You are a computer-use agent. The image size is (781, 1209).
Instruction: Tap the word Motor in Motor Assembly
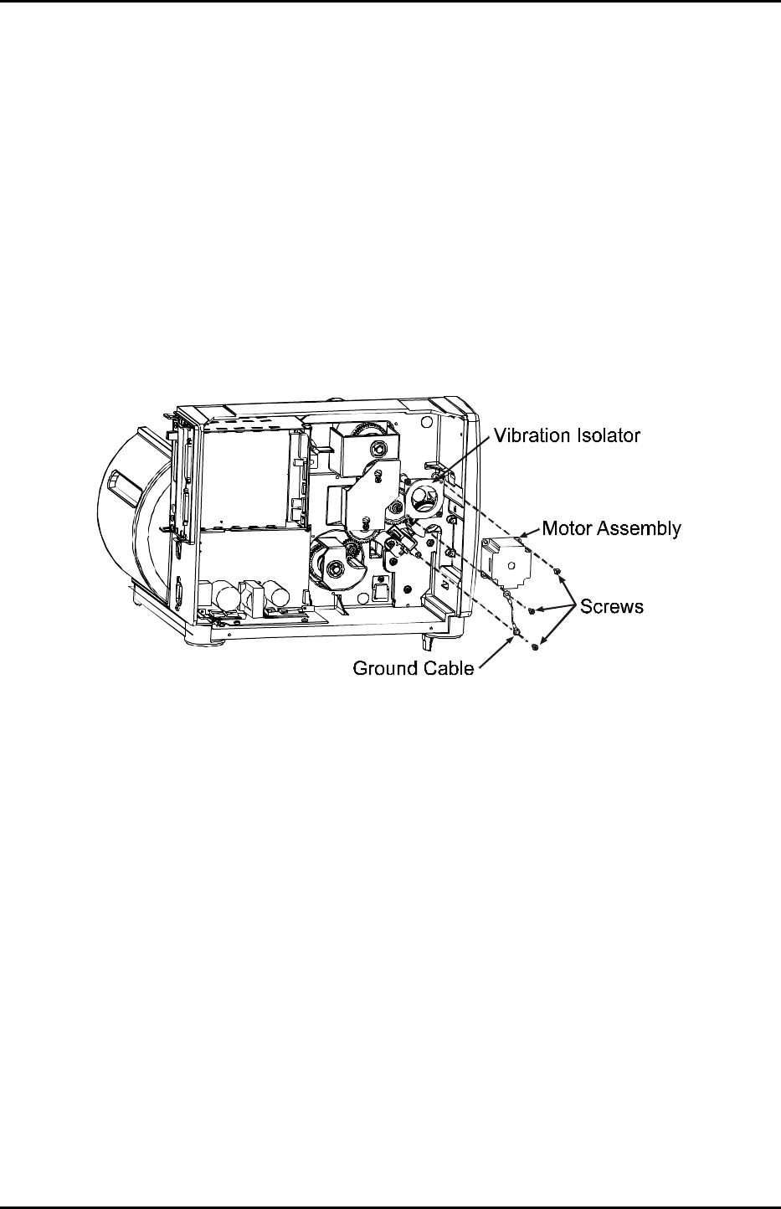click(x=569, y=529)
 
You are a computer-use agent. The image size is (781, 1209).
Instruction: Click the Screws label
click(x=613, y=606)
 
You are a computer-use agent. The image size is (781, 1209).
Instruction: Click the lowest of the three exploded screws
click(x=535, y=646)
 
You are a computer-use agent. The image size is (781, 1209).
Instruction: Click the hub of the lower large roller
click(x=334, y=569)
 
